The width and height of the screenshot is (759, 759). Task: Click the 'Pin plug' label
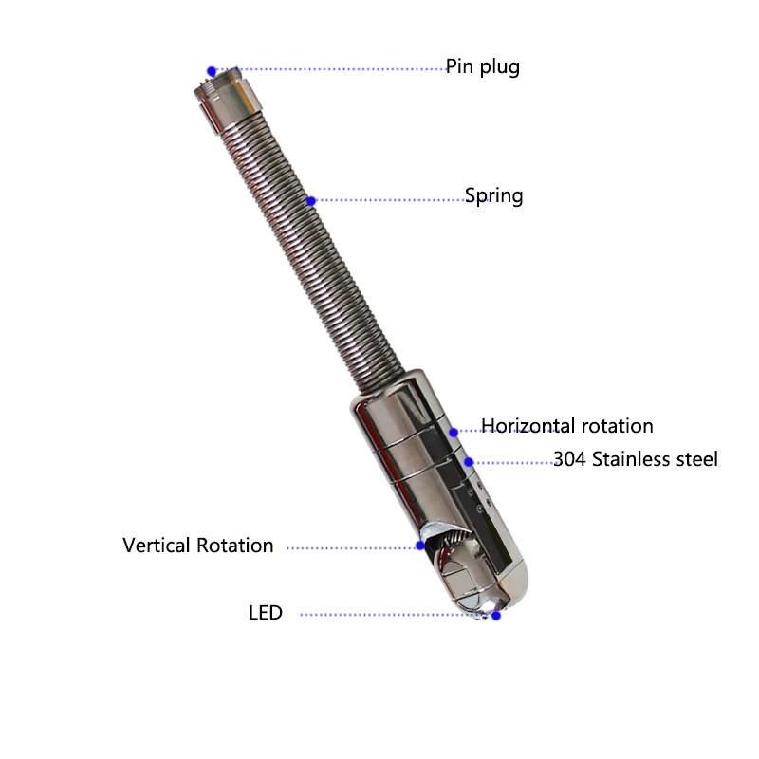483,66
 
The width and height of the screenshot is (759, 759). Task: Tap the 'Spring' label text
493,196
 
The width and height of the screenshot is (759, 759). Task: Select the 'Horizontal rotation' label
566,426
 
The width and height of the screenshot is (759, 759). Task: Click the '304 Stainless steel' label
636,459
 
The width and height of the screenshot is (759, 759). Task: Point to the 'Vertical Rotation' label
198,546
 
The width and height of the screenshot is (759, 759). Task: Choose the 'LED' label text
266,613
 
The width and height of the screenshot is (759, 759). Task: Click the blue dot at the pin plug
212,72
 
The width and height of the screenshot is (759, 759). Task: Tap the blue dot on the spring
311,201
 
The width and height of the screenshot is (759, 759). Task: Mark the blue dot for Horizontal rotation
454,433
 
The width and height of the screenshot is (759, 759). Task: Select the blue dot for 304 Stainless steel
469,462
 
